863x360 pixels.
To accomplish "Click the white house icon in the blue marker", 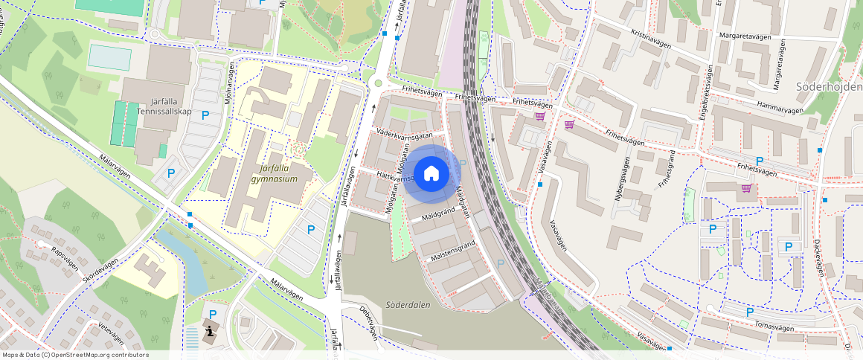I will [431, 173].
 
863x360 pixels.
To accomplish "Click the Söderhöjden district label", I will [829, 87].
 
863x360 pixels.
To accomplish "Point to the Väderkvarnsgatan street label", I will [405, 135].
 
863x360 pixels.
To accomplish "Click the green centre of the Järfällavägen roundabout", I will [378, 83].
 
